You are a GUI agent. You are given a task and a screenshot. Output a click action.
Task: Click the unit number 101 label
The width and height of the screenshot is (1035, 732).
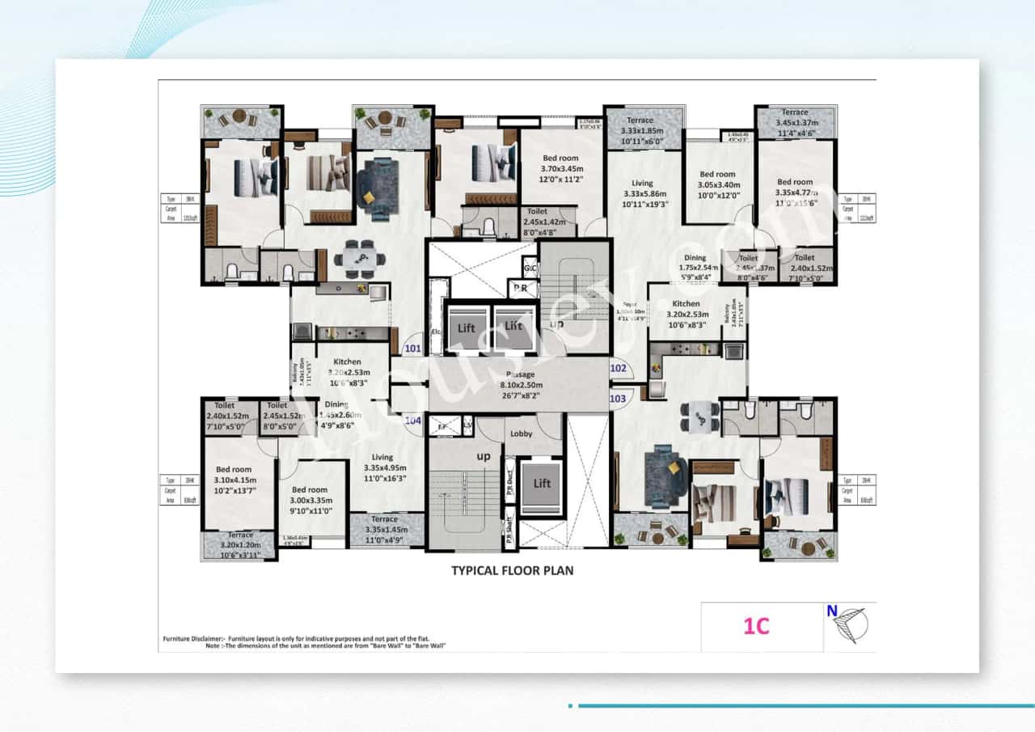tap(413, 349)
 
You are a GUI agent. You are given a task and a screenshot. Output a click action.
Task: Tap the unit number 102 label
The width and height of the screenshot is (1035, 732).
tap(618, 368)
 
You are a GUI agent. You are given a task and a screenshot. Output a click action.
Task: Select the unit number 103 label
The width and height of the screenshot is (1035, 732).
tap(618, 399)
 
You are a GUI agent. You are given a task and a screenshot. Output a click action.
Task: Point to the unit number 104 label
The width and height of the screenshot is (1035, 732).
tap(413, 421)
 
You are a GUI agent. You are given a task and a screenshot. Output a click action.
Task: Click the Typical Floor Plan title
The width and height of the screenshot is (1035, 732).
tap(512, 570)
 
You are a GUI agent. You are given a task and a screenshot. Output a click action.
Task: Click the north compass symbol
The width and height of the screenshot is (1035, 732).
tap(850, 624)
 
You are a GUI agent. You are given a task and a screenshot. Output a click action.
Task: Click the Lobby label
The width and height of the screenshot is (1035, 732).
tap(522, 434)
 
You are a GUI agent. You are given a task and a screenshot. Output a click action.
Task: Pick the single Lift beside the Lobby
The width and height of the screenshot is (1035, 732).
tap(542, 483)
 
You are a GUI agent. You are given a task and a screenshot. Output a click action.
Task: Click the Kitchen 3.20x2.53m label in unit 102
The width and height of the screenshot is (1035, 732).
tap(686, 314)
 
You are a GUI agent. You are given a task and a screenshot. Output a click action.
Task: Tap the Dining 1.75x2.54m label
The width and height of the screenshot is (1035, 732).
tap(695, 268)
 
